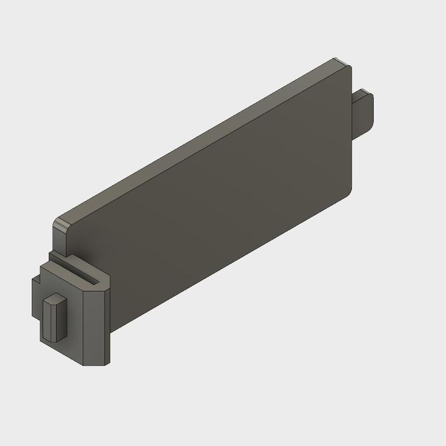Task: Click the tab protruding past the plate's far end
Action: tap(365, 111)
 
